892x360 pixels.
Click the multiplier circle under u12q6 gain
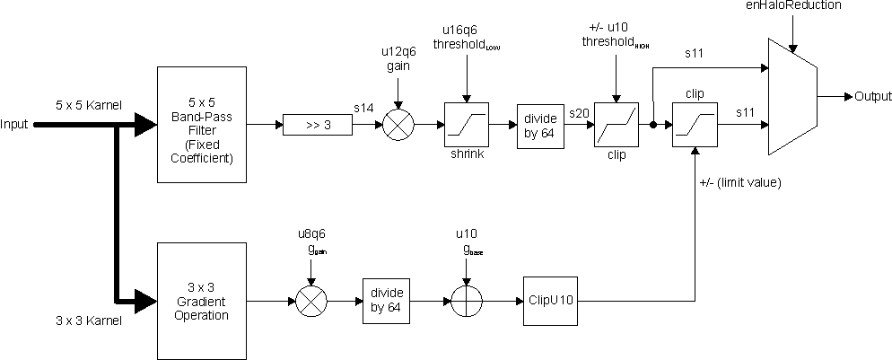[x=396, y=125]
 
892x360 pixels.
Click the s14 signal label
[x=363, y=109]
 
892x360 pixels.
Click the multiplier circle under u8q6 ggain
[x=310, y=299]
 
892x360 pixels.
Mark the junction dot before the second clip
[x=654, y=125]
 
